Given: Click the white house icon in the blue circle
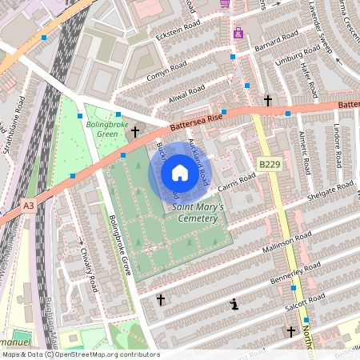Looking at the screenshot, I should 180,172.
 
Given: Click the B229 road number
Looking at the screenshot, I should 270,164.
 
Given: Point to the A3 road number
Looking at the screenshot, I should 29,206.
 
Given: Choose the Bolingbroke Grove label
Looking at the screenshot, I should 124,243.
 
